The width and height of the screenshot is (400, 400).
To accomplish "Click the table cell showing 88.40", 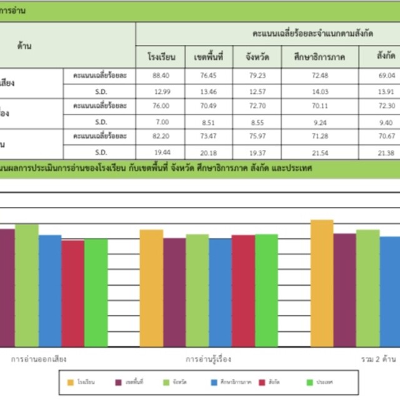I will (x=161, y=75).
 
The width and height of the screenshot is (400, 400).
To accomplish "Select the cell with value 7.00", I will (x=161, y=122).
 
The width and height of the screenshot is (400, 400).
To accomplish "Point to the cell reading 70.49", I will (x=209, y=106).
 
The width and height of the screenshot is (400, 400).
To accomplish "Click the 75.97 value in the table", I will (x=257, y=136).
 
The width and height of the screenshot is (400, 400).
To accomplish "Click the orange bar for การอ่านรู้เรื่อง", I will (x=151, y=287).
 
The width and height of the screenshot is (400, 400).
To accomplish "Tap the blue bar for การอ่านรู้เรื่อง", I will (x=220, y=292).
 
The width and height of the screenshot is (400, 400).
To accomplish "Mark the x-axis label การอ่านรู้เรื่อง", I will (x=209, y=359).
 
